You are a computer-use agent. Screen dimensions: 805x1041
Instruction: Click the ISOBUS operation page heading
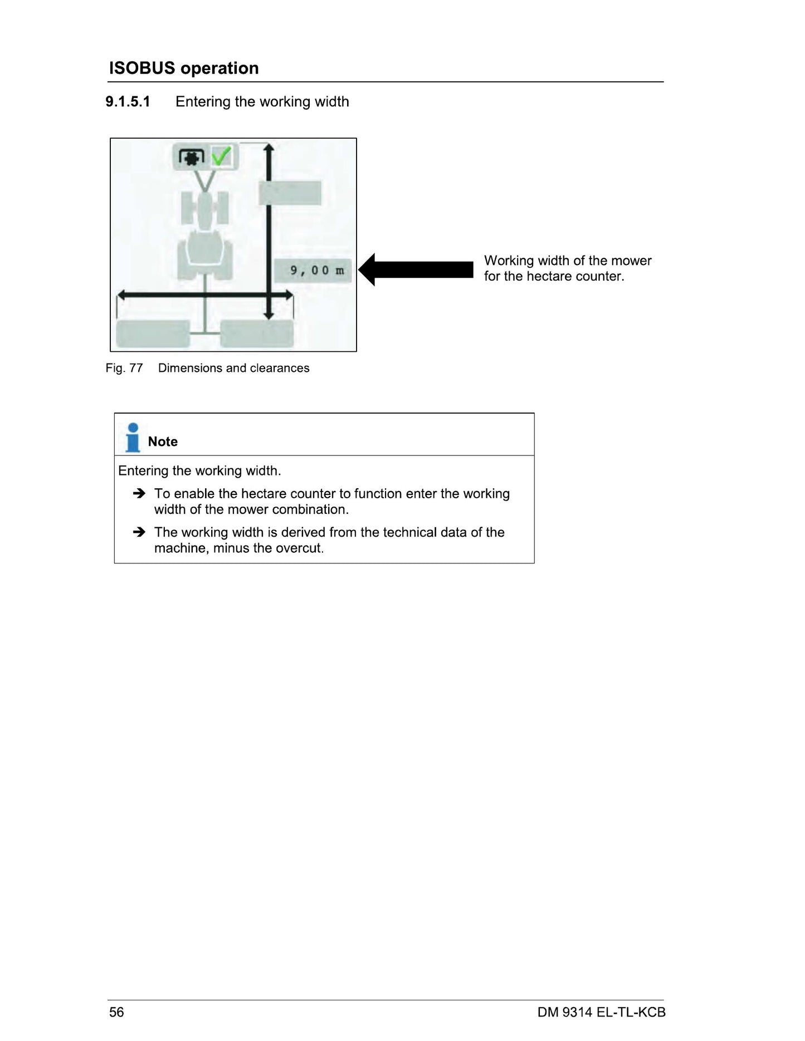184,68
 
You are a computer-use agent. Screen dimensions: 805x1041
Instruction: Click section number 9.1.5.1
128,102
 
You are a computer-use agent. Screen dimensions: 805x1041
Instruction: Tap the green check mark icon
222,156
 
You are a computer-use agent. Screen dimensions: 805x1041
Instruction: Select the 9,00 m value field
314,271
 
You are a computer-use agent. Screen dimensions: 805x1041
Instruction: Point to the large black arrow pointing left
416,269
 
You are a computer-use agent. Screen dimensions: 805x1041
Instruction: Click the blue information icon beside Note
133,438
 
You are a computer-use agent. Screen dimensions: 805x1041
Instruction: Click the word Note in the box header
163,441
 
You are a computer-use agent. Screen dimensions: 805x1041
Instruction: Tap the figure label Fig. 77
124,368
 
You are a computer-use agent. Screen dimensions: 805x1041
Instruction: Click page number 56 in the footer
116,1012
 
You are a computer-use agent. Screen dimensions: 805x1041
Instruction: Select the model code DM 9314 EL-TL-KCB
602,1012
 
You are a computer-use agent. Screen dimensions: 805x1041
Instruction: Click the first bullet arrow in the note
139,493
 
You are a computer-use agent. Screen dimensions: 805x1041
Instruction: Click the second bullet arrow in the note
139,532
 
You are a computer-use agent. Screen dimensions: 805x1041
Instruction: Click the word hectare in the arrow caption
549,277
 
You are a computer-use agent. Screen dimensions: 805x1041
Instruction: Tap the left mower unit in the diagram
153,334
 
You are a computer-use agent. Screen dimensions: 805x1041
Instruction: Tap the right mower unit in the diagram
257,334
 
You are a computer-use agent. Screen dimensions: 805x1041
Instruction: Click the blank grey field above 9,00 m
290,193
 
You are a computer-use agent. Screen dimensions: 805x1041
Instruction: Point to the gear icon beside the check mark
192,157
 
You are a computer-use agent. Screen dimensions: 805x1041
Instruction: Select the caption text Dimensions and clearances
233,368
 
